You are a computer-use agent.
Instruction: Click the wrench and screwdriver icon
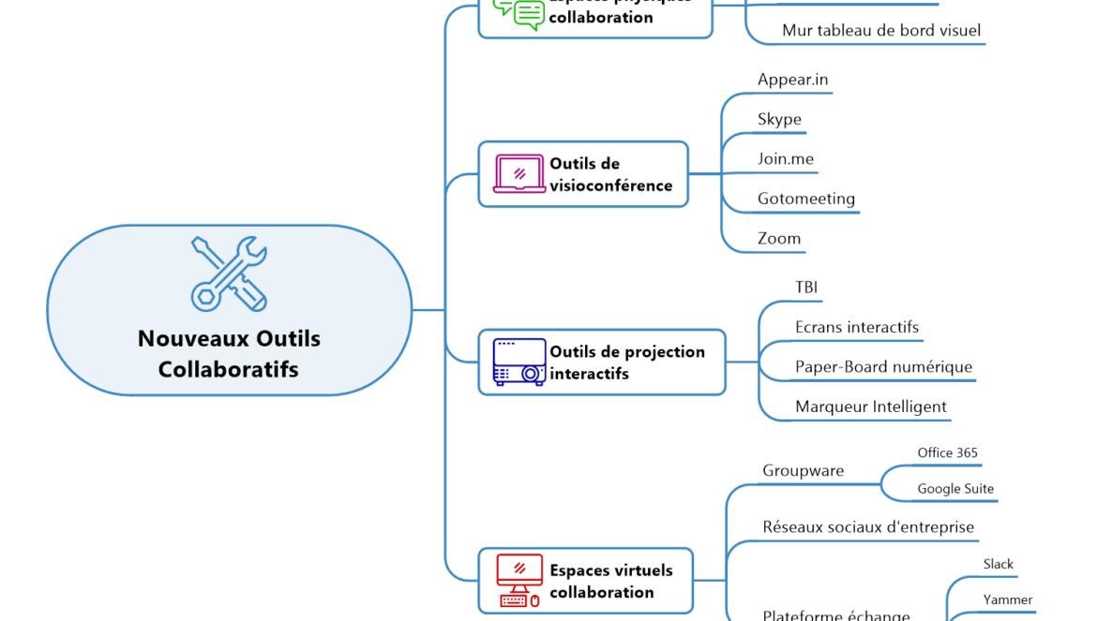230,274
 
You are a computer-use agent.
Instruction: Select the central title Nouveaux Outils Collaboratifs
229,354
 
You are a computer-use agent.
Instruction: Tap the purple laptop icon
519,174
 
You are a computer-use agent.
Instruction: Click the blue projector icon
519,362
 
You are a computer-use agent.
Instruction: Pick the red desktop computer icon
519,581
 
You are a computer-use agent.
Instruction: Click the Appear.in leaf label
792,80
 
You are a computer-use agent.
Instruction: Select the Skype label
779,120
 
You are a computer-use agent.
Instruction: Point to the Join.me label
786,159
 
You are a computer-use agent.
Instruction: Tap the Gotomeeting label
806,199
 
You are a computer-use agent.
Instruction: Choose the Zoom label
779,239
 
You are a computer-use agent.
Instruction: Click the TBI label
807,288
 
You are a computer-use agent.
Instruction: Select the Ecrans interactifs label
857,328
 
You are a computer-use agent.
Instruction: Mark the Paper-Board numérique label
883,367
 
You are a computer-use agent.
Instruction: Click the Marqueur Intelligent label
871,407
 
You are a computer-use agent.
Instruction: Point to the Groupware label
804,471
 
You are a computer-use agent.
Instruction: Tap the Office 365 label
947,453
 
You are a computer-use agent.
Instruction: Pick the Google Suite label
955,489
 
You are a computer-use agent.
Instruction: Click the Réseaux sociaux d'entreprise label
868,527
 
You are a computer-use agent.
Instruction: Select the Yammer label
1008,600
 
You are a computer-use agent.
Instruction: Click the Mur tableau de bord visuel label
881,31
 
